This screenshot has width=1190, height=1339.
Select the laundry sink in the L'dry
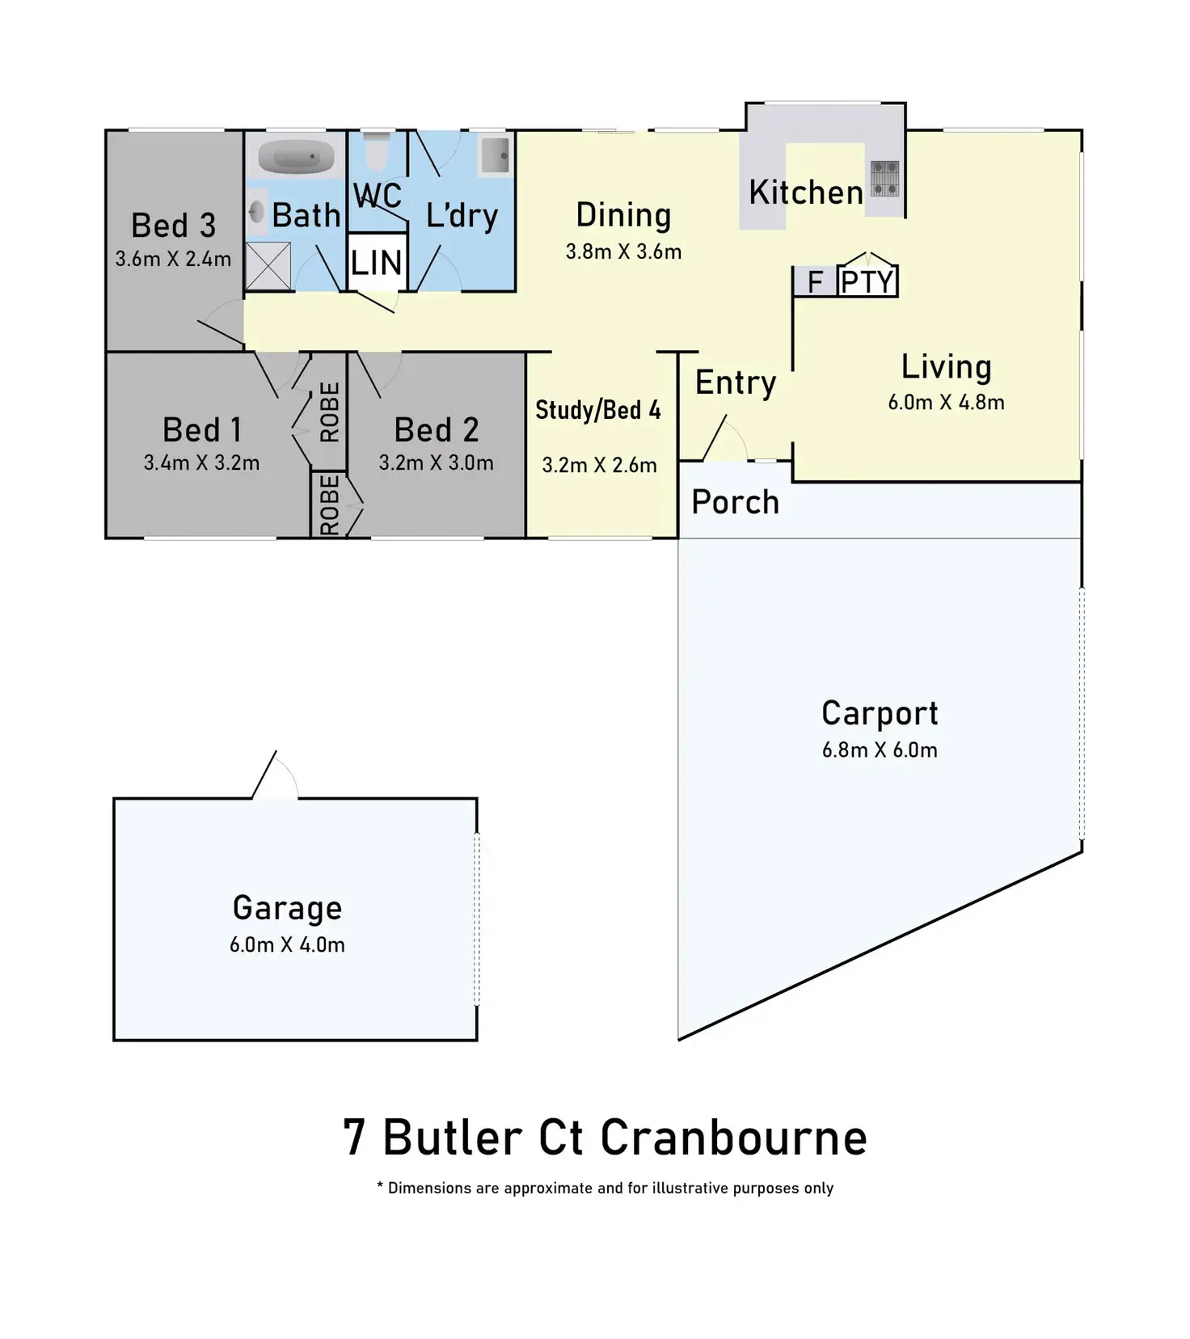click(495, 155)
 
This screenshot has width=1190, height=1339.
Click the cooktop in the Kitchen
click(884, 178)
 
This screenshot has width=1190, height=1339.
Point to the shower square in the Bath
click(268, 265)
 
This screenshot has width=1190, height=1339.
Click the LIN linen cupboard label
click(377, 263)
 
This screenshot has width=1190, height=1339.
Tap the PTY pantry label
click(867, 282)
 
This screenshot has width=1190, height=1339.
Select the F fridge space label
click(815, 282)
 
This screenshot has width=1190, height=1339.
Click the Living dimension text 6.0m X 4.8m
click(946, 402)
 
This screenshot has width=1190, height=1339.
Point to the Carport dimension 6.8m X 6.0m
click(880, 750)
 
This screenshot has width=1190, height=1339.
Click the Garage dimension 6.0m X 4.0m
click(287, 944)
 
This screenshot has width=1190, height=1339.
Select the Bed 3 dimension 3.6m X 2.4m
click(173, 259)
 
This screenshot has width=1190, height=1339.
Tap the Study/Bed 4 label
click(598, 410)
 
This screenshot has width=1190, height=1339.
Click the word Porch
click(736, 502)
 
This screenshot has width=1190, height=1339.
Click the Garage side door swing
click(276, 775)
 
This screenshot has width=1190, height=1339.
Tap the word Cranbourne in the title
click(734, 1138)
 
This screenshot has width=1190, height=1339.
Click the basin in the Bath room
click(256, 213)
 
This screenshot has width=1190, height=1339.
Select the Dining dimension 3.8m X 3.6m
click(623, 251)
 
